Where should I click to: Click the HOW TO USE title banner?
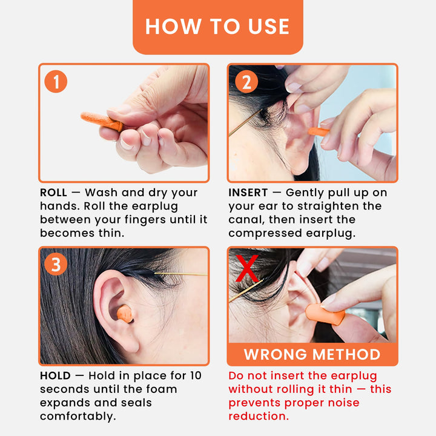[x=217, y=27]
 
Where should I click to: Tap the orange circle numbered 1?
[x=56, y=81]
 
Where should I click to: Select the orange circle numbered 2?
[x=246, y=81]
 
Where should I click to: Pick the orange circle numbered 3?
[x=56, y=264]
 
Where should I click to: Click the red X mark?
[x=247, y=269]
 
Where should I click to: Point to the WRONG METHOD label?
[x=312, y=354]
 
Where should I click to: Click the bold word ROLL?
[x=53, y=193]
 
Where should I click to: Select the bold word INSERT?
[x=248, y=193]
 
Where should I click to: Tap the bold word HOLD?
[x=55, y=376]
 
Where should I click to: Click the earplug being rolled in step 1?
[x=100, y=121]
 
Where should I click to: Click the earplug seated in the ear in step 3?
[x=125, y=314]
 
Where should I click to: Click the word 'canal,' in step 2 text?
[x=248, y=220]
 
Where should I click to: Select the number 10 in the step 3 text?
[x=195, y=376]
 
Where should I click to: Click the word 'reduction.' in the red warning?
[x=258, y=417]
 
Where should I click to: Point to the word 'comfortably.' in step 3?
[x=78, y=417]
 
